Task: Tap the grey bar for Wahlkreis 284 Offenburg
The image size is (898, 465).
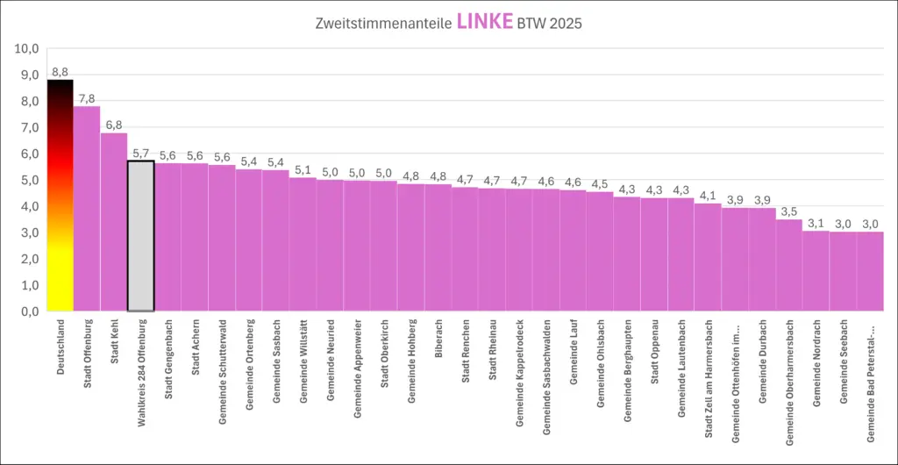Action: click(140, 236)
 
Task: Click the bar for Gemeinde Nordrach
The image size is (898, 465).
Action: click(816, 271)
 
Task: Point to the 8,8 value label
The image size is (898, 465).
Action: click(60, 71)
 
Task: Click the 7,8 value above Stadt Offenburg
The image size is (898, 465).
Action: click(87, 97)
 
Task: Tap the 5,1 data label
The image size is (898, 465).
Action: click(303, 169)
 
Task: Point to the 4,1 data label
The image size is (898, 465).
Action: click(708, 196)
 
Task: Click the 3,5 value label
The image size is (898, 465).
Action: click(788, 211)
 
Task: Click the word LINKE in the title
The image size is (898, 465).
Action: click(485, 22)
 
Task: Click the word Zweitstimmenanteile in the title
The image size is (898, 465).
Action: click(383, 24)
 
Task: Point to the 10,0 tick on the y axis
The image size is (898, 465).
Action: click(27, 48)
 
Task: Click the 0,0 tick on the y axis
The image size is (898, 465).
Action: click(30, 311)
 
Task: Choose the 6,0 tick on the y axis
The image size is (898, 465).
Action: click(30, 154)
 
